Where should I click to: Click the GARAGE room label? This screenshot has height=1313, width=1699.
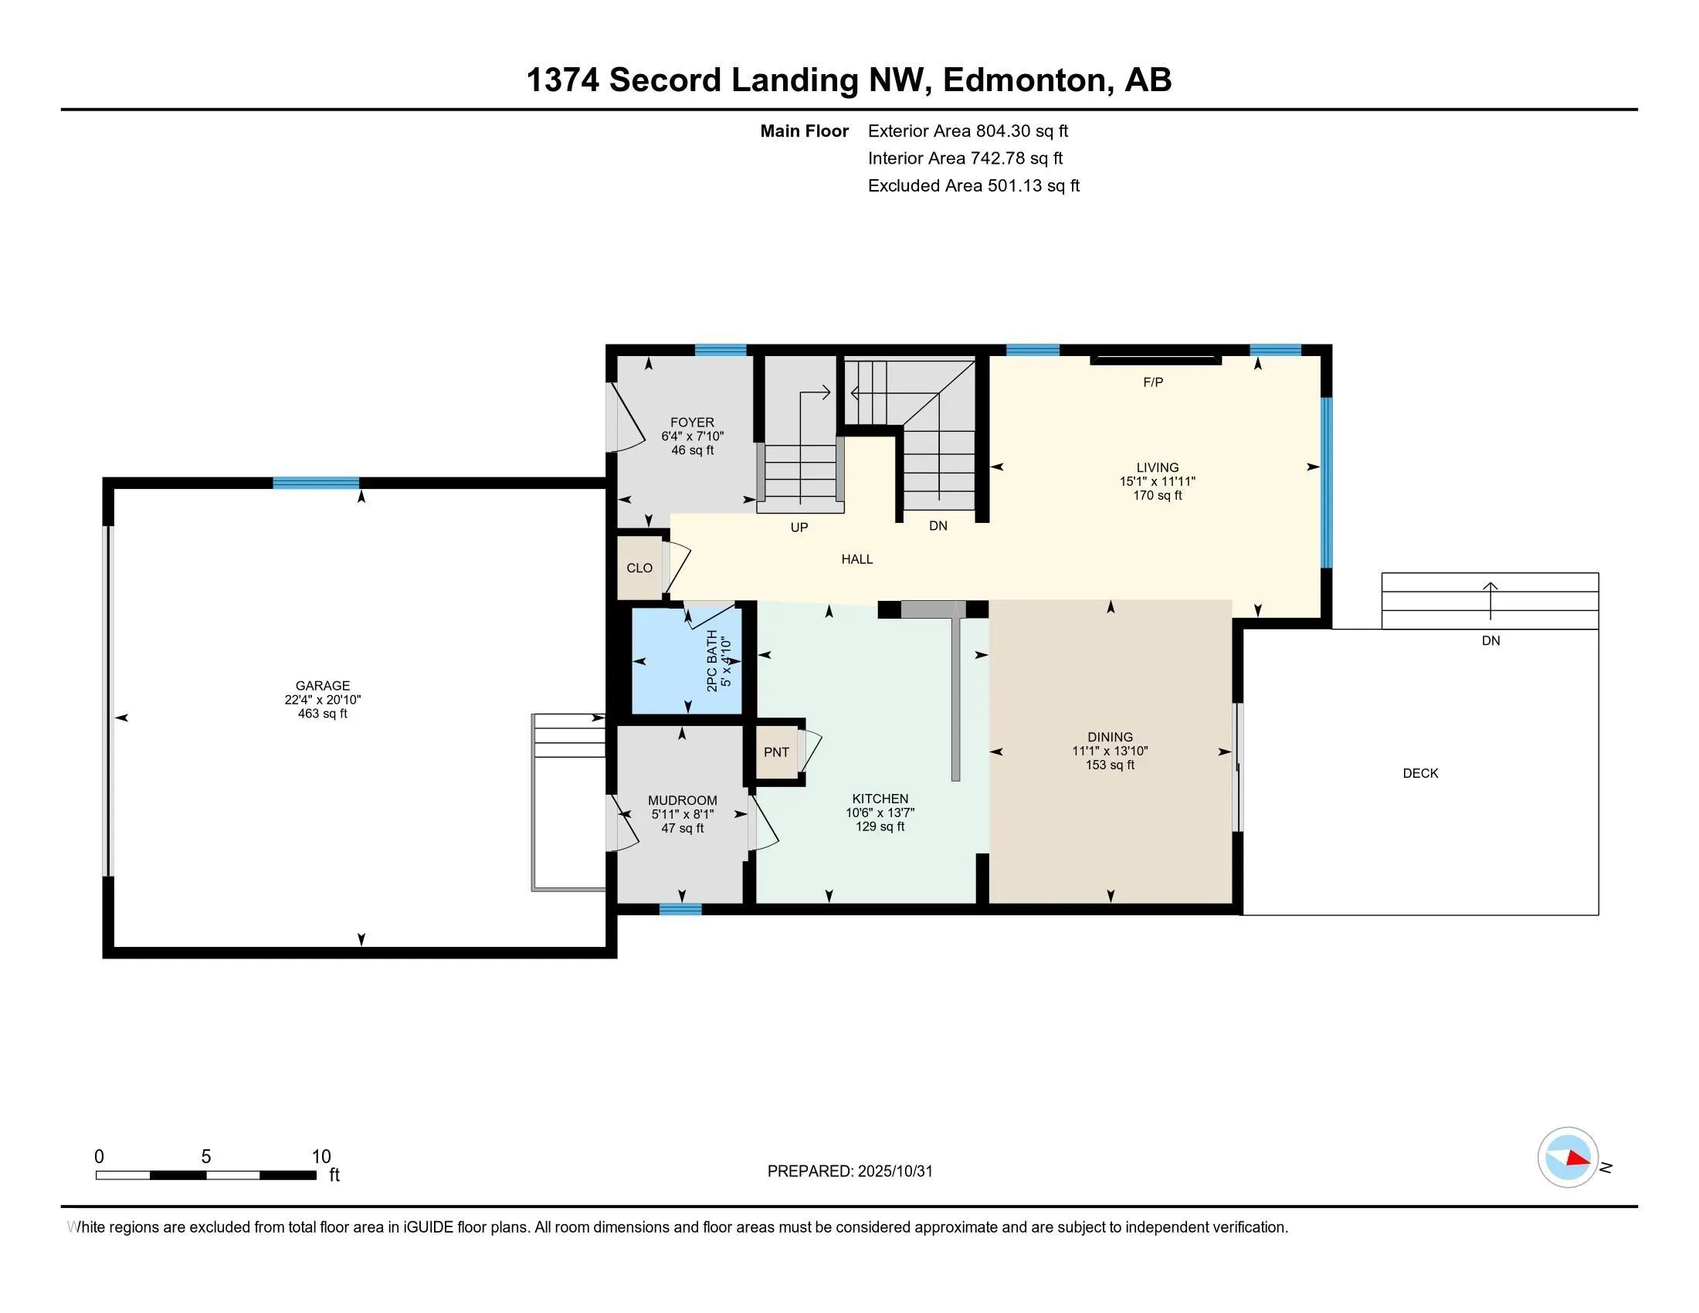click(x=322, y=685)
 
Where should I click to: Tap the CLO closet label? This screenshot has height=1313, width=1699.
click(x=639, y=568)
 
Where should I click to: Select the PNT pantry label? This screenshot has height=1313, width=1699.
click(x=775, y=752)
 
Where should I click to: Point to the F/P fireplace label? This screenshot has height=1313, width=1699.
click(x=1153, y=382)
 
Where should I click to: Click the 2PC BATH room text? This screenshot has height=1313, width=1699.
click(x=712, y=661)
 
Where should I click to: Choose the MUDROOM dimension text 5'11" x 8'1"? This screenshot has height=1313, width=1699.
click(x=682, y=814)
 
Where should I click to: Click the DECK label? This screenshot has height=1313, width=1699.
click(x=1419, y=773)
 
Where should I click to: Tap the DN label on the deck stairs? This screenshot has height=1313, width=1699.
click(x=1490, y=641)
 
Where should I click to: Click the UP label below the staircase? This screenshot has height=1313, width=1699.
click(x=799, y=528)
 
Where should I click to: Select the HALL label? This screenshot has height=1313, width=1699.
click(x=856, y=559)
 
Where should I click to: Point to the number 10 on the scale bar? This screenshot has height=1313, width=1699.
click(x=321, y=1157)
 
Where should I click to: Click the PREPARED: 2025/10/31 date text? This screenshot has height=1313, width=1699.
click(x=849, y=1172)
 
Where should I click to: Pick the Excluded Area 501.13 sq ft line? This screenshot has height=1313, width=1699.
click(x=973, y=186)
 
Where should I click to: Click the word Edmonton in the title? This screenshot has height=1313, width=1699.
click(x=1026, y=80)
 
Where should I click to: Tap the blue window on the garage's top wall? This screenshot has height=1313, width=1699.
click(x=316, y=483)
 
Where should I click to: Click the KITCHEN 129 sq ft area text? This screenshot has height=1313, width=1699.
click(x=880, y=827)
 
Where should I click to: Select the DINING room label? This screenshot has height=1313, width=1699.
click(x=1110, y=737)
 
